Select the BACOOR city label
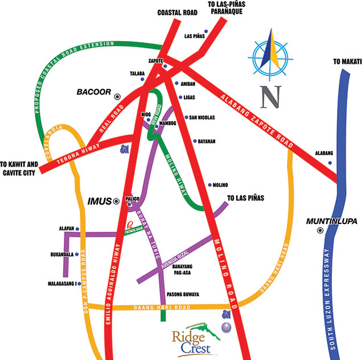(93, 92)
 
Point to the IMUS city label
(100, 201)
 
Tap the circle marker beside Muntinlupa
(320, 230)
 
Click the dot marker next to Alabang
(330, 163)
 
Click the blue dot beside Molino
(209, 185)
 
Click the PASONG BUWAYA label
(182, 295)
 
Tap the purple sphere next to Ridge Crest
(226, 327)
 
